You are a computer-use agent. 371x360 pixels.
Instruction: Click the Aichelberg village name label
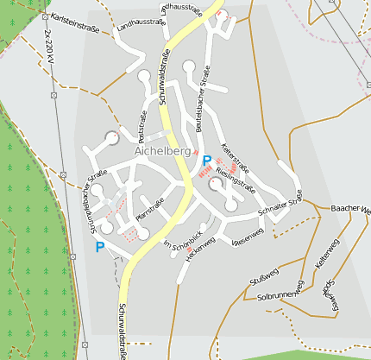pyautogui.click(x=161, y=151)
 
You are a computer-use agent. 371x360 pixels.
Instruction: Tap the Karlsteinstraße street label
pyautogui.click(x=74, y=22)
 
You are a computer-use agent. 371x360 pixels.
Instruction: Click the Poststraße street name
pyautogui.click(x=141, y=129)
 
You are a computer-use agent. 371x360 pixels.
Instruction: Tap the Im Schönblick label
pyautogui.click(x=182, y=238)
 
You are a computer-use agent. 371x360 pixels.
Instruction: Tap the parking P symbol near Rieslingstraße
pyautogui.click(x=206, y=160)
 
